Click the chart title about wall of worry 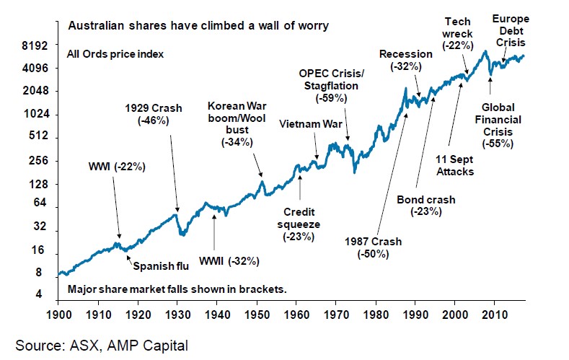pyautogui.click(x=198, y=26)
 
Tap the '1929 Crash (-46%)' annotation pyautogui.click(x=151, y=115)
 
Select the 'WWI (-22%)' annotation pyautogui.click(x=117, y=167)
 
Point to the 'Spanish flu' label pyautogui.click(x=159, y=266)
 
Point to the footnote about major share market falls pyautogui.click(x=177, y=289)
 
